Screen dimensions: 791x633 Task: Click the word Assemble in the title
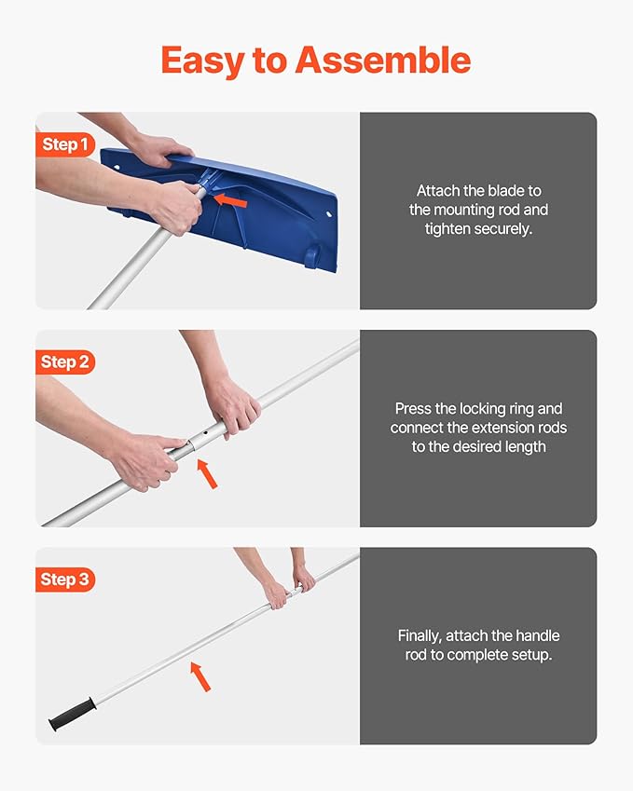click(382, 61)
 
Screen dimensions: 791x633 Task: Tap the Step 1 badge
click(65, 144)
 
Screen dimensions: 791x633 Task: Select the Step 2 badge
click(65, 361)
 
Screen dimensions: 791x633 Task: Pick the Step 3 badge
click(65, 580)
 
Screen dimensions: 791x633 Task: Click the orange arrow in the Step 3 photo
click(200, 675)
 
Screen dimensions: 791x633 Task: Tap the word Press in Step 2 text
click(414, 408)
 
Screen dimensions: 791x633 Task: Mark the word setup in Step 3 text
click(531, 655)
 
